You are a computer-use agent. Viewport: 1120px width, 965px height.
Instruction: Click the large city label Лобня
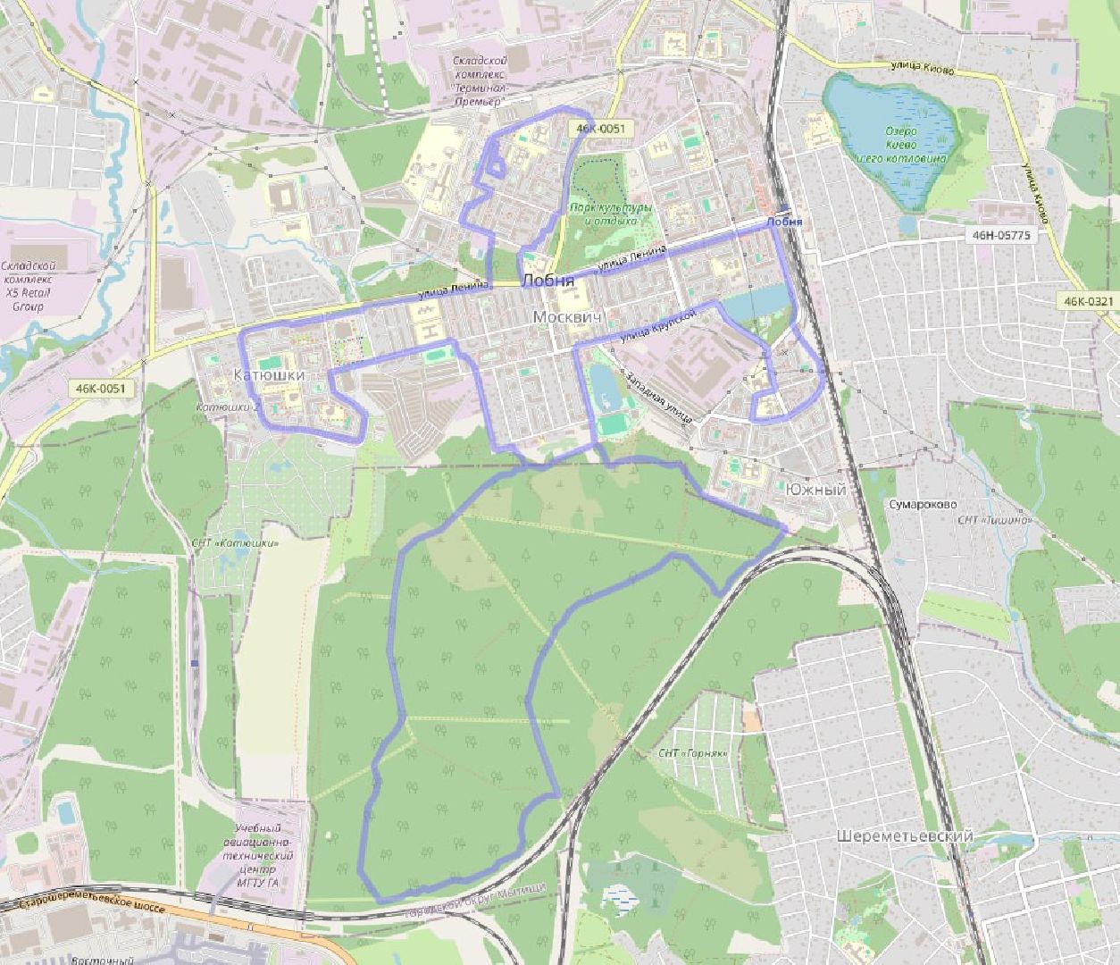(x=547, y=281)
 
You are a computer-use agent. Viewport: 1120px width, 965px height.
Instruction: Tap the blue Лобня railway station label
(x=784, y=222)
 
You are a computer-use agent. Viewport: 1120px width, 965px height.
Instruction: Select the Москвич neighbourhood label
(x=568, y=317)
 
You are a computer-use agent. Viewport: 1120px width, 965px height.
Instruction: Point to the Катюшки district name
(x=268, y=375)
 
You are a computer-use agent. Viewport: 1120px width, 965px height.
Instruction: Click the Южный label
(x=815, y=490)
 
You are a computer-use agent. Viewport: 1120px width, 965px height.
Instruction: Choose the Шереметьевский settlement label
(x=905, y=836)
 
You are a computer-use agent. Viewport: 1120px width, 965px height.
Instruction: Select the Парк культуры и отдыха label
(x=611, y=214)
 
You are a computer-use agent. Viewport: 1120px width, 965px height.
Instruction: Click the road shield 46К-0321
(x=1089, y=301)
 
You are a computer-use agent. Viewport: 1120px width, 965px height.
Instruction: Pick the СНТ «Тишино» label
(x=994, y=520)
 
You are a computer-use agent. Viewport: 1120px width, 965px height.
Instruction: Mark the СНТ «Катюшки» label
(x=235, y=542)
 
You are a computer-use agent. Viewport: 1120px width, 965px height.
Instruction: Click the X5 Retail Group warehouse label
(x=29, y=286)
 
